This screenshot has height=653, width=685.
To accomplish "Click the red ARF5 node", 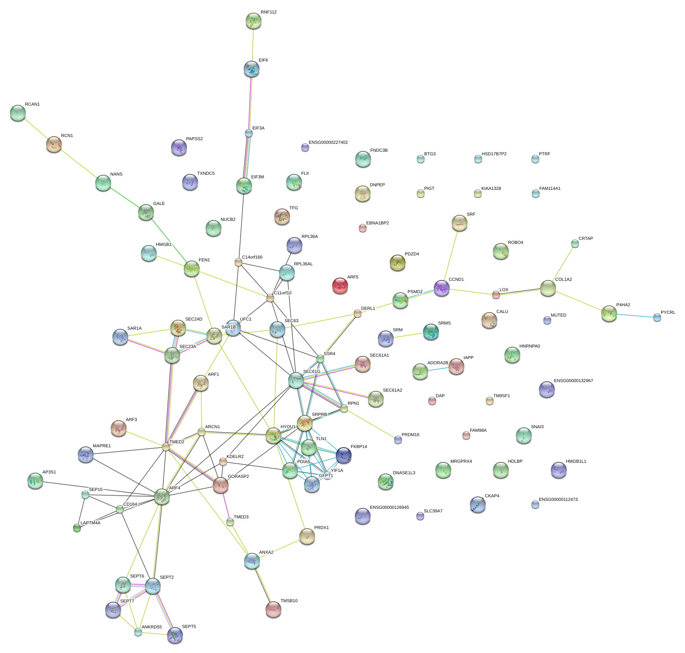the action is click(x=340, y=285).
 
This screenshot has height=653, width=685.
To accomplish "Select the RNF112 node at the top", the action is click(x=253, y=21).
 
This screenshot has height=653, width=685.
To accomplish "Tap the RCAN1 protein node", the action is click(x=17, y=113).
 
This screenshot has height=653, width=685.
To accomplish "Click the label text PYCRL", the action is click(x=668, y=313).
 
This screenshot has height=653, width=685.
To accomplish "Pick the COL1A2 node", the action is click(x=548, y=288).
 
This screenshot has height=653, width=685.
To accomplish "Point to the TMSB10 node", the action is click(x=273, y=609).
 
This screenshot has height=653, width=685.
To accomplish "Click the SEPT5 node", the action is click(x=175, y=635).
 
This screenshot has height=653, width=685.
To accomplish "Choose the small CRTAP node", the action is click(x=575, y=243).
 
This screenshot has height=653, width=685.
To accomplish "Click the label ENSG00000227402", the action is click(x=328, y=143).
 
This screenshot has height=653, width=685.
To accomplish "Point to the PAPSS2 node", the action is click(x=179, y=147).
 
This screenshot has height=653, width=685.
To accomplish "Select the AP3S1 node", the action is click(x=35, y=481).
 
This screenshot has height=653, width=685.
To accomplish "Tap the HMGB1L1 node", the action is click(x=558, y=470).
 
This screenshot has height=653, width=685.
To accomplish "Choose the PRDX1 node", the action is click(x=307, y=536).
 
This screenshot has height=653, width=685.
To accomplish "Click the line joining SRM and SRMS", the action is click(x=408, y=336).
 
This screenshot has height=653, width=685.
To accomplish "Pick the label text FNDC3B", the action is click(x=379, y=151).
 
